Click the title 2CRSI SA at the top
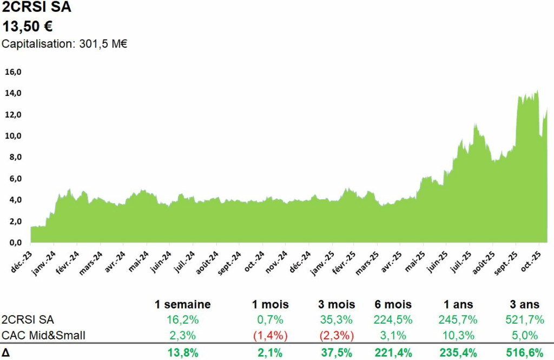37,8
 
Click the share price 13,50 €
28,27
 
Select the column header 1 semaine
182,304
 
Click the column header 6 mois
393,304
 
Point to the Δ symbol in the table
6,353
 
